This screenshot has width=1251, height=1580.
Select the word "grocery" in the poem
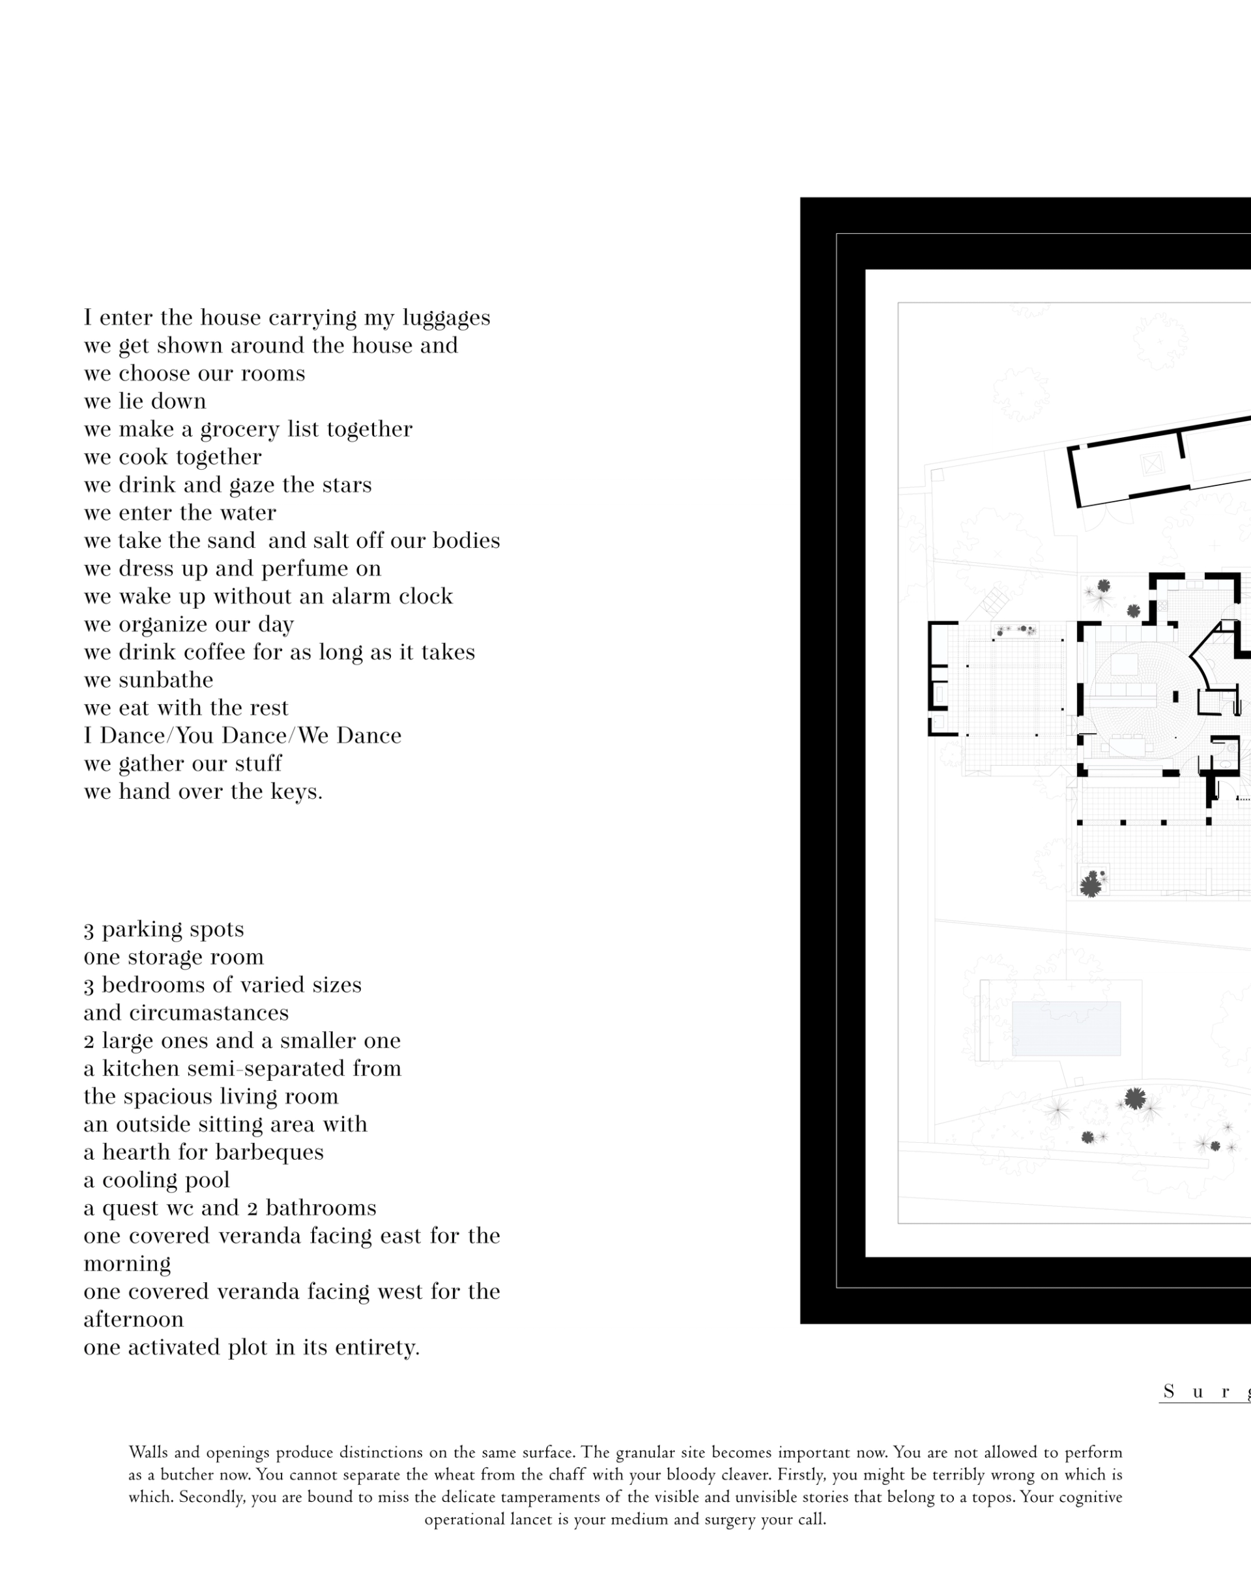pos(240,430)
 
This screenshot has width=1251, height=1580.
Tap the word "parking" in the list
pos(136,930)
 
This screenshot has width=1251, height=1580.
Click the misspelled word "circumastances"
pos(208,1013)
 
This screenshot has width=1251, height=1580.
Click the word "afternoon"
pos(134,1319)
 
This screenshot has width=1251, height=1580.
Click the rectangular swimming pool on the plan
pos(1066,1028)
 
